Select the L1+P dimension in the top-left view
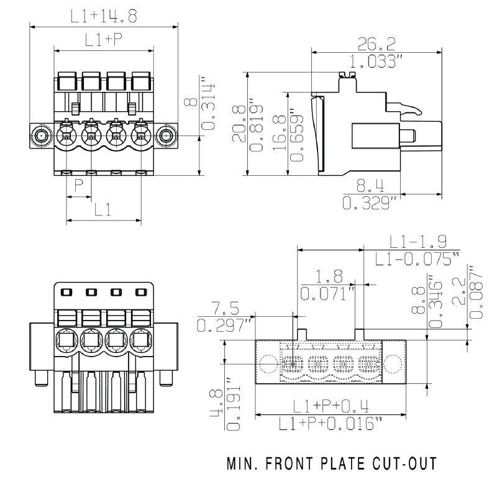tap(104, 40)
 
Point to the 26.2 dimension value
tap(376, 43)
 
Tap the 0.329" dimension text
tap(371, 203)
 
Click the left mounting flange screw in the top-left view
tap(42, 135)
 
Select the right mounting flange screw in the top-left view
tap(165, 135)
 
